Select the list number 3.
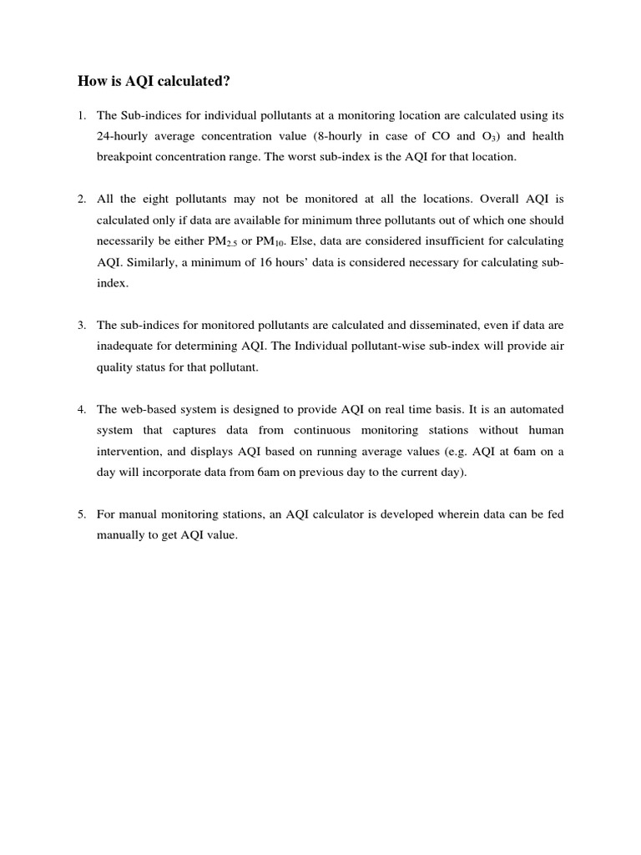pos(82,325)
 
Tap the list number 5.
pos(82,514)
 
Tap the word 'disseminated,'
pos(445,325)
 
